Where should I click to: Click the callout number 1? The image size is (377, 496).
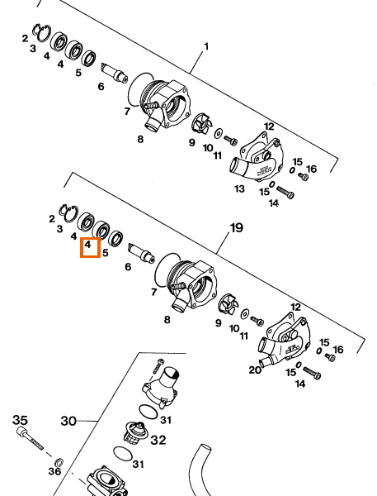point(206,47)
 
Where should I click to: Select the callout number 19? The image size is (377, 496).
point(237,228)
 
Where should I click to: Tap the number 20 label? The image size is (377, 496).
point(255,370)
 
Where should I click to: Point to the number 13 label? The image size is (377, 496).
point(239,188)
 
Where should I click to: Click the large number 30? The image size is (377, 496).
point(68,421)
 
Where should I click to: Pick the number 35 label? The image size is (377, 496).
point(20,420)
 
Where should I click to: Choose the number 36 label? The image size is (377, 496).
point(54,472)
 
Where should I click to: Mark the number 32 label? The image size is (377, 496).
point(158,440)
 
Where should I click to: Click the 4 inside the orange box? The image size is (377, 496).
point(87,244)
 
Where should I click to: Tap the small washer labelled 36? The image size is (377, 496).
point(59,462)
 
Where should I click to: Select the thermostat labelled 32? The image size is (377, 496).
point(134,432)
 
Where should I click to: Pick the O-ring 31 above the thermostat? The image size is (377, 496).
point(148,412)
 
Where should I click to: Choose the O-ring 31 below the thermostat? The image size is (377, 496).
point(123,454)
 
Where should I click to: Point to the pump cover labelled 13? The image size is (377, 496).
point(257,157)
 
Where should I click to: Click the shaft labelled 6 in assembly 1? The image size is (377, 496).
point(115,73)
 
